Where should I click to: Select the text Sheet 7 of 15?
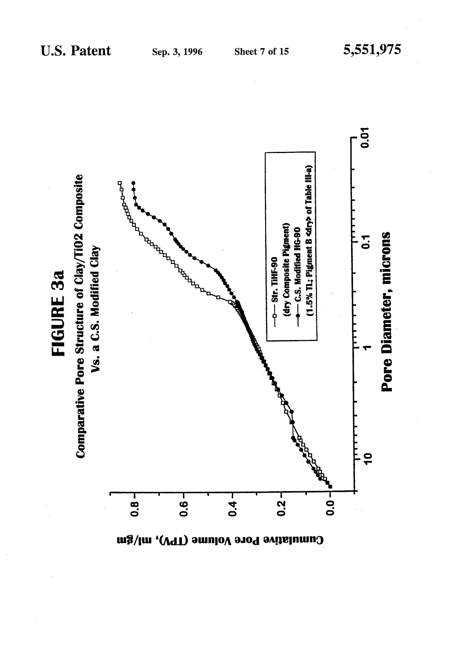click(261, 51)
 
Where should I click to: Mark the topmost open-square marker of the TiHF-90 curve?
click(120, 183)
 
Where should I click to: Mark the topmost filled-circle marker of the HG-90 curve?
click(133, 183)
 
